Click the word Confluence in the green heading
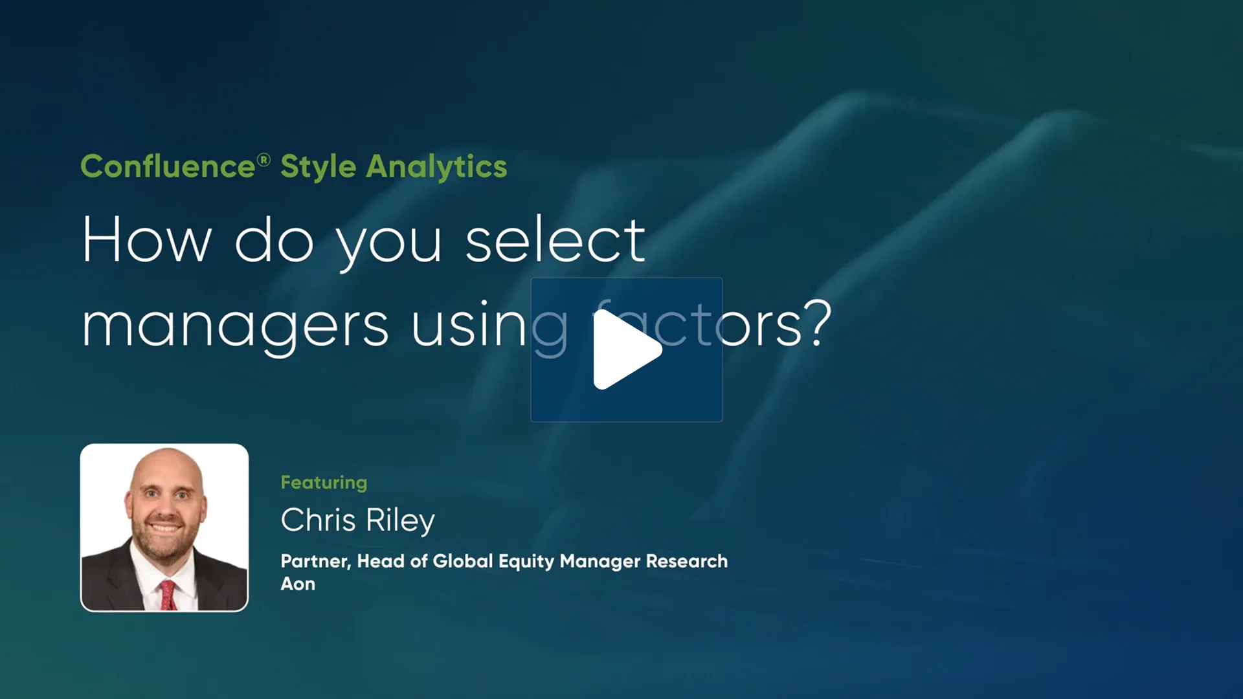coord(168,167)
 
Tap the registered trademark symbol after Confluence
coord(263,159)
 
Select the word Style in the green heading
coord(318,167)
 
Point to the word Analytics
coord(436,167)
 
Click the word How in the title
coord(147,241)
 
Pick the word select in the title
coord(555,241)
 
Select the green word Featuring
coord(324,483)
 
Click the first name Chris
coord(318,520)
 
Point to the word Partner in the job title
coord(315,561)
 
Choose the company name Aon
coord(298,584)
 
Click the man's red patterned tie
coord(168,594)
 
